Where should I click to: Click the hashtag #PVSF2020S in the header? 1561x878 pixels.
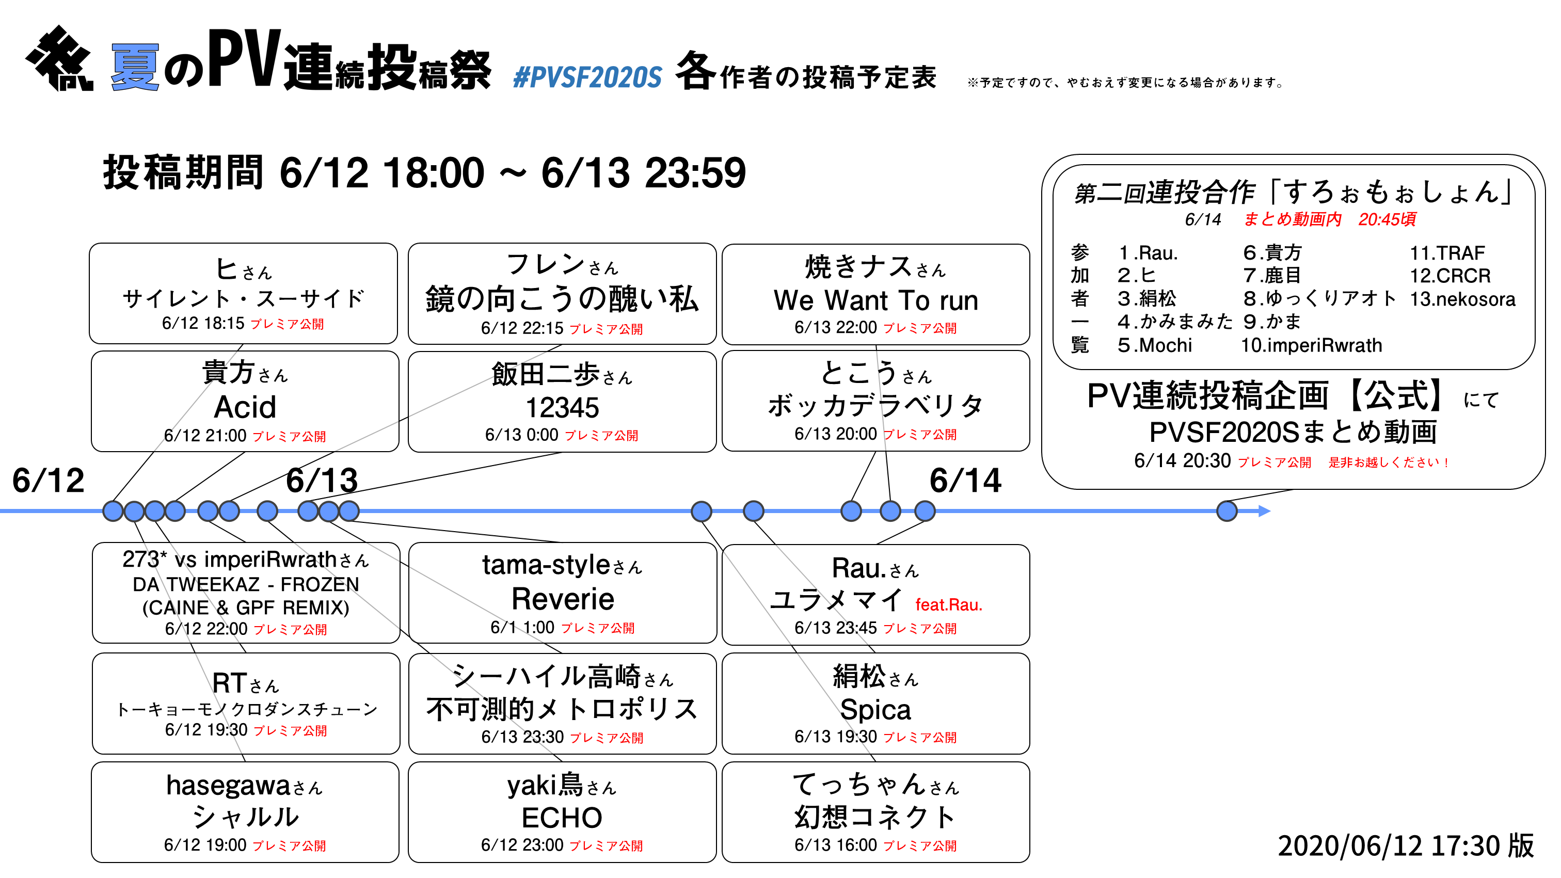click(x=586, y=77)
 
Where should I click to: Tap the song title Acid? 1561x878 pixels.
click(x=245, y=407)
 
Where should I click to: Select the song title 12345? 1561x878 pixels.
click(x=562, y=408)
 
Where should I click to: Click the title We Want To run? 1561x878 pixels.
click(x=875, y=300)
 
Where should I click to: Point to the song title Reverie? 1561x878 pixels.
click(x=562, y=599)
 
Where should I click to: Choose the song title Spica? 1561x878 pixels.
click(x=875, y=710)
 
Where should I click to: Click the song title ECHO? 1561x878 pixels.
click(x=562, y=818)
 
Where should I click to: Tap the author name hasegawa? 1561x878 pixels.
click(x=229, y=786)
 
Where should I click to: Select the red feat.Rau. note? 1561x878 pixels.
click(x=948, y=605)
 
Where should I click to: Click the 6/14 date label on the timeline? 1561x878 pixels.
click(x=965, y=481)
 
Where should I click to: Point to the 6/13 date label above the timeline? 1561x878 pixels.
click(x=322, y=481)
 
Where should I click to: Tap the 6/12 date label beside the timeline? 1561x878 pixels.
click(x=49, y=481)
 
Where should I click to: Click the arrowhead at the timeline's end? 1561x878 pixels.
click(x=1264, y=512)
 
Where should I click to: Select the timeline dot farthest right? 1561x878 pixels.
click(x=1226, y=512)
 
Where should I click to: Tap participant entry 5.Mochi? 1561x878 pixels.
click(x=1154, y=345)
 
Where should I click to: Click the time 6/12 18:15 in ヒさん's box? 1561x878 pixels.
click(x=203, y=324)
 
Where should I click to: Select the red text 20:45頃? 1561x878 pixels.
click(x=1387, y=219)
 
